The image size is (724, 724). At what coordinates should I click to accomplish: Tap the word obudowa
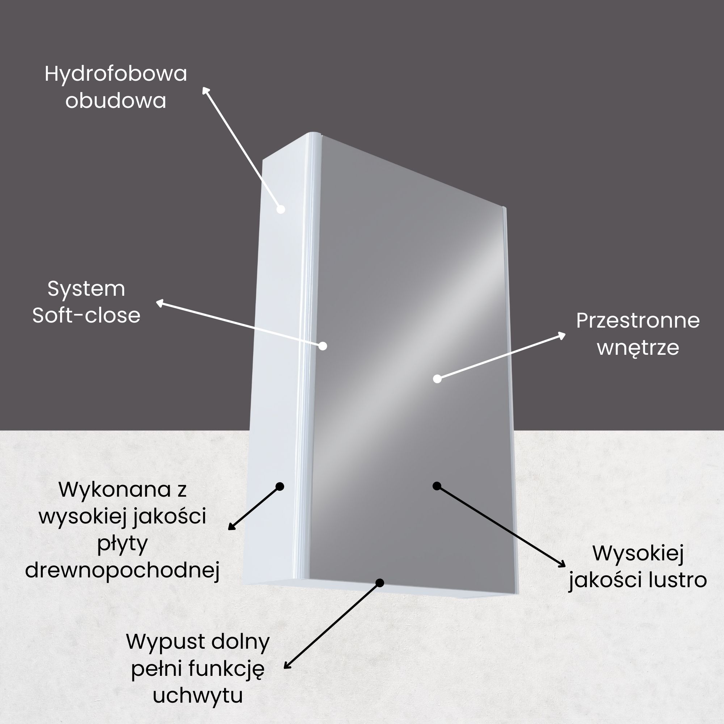[x=116, y=101]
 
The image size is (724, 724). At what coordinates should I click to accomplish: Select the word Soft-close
[x=86, y=315]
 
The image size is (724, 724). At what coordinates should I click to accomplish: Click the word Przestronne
[x=638, y=321]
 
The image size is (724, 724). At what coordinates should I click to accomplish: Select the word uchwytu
[x=198, y=695]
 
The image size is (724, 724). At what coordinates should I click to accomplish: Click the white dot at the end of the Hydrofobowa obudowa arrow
[x=281, y=209]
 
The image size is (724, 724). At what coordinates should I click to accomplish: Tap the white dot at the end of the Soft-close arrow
[x=323, y=346]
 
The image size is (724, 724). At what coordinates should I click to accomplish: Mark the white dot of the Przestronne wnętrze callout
[x=437, y=379]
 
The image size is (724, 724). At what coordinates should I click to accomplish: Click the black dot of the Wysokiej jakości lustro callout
[x=437, y=486]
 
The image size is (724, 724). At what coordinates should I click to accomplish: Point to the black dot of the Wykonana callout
[x=279, y=487]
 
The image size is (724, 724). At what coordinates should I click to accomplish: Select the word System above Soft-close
[x=86, y=289]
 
